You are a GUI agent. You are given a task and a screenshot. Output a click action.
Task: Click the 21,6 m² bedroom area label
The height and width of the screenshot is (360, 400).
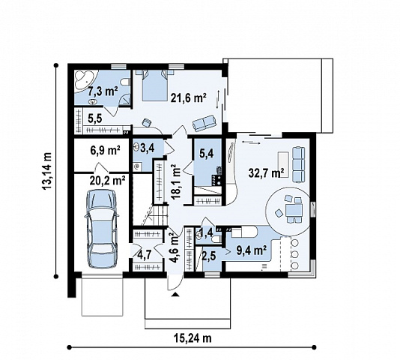189,97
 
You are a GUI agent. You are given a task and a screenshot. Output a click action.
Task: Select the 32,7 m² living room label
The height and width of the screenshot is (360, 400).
267,173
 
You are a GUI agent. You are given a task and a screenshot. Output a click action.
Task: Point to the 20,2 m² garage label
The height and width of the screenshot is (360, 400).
107,181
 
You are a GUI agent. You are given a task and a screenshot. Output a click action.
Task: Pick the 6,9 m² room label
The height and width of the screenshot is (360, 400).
105,150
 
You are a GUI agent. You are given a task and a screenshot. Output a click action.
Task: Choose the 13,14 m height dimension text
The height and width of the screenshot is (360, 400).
47,171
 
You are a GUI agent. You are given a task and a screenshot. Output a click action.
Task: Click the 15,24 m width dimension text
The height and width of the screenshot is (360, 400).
193,338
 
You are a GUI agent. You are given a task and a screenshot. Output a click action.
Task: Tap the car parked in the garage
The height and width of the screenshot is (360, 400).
102,229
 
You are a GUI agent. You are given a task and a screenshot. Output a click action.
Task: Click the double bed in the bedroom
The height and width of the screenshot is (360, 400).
154,85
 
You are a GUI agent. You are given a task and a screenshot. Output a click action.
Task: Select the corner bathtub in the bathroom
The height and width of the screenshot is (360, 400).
85,79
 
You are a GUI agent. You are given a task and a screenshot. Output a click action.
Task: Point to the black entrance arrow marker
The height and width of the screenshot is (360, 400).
175,295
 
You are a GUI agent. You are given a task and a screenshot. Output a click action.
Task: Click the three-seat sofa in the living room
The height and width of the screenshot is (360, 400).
298,164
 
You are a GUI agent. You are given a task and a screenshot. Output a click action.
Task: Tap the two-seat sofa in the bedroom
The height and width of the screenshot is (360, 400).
204,123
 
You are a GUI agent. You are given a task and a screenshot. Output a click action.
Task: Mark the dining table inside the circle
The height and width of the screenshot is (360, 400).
294,210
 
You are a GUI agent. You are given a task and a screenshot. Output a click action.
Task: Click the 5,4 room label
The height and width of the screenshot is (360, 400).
207,154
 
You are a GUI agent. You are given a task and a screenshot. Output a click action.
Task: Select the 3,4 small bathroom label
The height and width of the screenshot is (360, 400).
148,148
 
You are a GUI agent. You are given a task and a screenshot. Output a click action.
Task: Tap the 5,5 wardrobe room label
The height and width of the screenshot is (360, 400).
95,118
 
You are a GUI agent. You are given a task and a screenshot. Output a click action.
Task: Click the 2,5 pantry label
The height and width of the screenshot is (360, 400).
209,256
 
